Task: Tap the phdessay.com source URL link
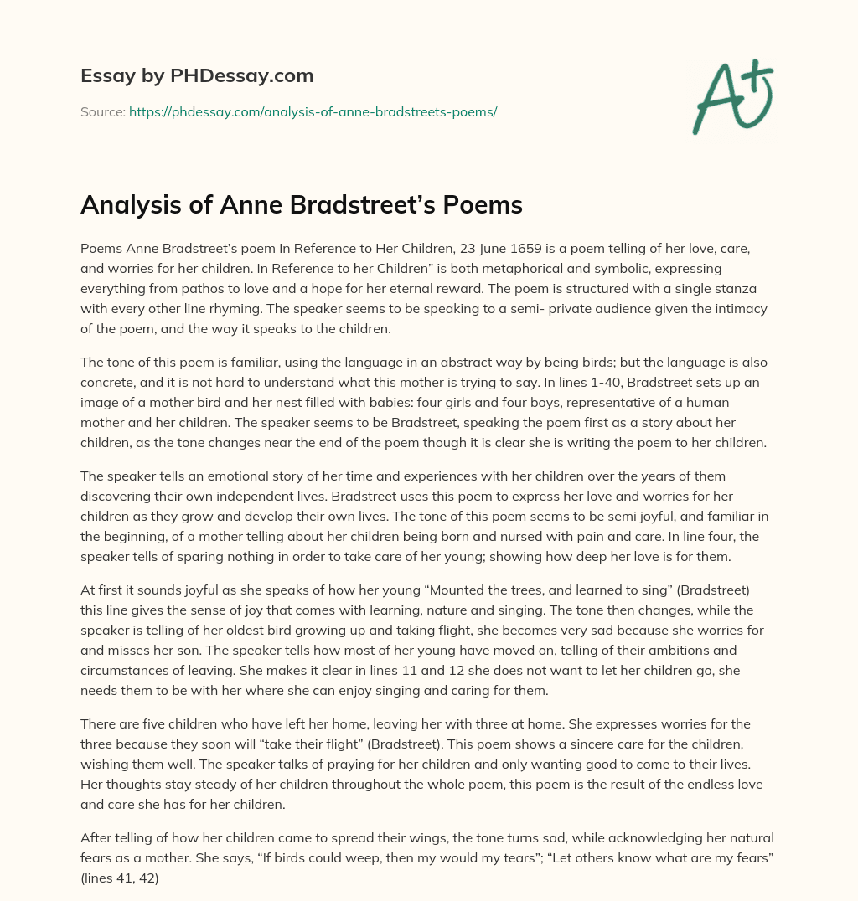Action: [x=313, y=111]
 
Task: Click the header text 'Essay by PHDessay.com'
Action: [x=197, y=76]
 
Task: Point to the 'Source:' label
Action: [x=102, y=111]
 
